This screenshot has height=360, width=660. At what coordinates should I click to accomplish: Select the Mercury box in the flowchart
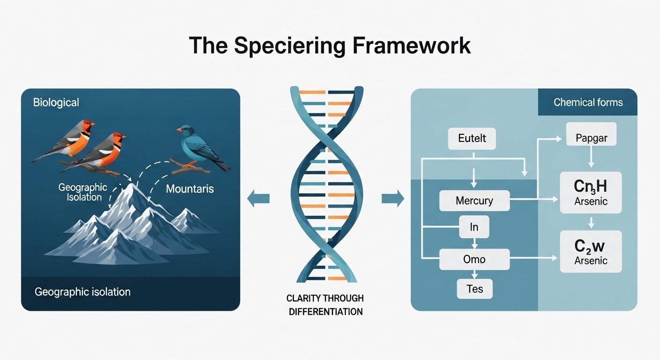474,201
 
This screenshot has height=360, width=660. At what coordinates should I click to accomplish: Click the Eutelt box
472,139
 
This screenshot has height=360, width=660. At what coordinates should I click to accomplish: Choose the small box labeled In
474,227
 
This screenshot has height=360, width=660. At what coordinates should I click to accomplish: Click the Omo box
474,259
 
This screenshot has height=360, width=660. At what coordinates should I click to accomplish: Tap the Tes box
474,289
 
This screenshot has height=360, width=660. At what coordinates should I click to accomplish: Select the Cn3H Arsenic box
591,192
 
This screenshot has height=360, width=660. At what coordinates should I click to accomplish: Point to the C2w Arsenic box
591,251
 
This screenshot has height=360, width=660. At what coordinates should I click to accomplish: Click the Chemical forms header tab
588,102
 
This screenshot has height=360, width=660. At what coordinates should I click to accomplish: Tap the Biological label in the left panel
56,102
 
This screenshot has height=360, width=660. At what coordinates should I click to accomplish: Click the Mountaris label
190,189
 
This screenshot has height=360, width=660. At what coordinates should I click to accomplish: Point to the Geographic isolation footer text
82,292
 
